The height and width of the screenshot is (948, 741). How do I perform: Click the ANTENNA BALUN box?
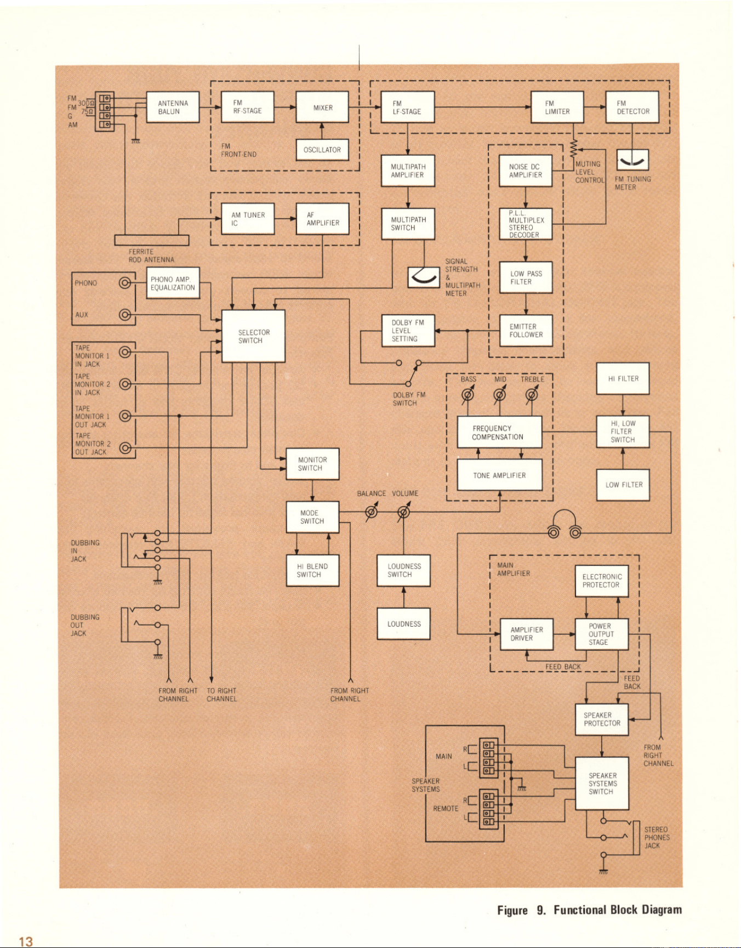click(173, 107)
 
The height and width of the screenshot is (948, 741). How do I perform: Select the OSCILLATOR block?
click(322, 150)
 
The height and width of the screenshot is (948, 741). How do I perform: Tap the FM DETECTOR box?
click(632, 107)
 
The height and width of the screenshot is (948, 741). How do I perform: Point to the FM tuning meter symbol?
click(632, 160)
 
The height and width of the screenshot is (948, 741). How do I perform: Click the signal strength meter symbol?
click(424, 277)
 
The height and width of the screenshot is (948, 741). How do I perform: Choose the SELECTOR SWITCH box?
click(253, 336)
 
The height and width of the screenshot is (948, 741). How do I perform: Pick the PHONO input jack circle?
click(125, 283)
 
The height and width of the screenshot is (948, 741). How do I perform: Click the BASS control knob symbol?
click(468, 394)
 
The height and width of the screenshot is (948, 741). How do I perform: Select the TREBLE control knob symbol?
click(532, 394)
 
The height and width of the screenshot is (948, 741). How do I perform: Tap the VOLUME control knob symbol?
click(403, 512)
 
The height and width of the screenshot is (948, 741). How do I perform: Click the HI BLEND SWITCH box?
click(312, 570)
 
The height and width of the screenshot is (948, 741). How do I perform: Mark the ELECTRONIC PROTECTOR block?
click(602, 581)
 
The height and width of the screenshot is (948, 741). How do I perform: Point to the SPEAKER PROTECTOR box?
click(602, 719)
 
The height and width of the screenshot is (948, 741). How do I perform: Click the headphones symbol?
click(565, 524)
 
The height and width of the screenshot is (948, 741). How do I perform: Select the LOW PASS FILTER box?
click(526, 277)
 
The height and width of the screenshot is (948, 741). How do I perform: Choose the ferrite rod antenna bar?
click(152, 240)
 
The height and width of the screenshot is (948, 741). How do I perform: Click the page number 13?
click(26, 941)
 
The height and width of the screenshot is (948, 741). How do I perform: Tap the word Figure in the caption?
click(512, 910)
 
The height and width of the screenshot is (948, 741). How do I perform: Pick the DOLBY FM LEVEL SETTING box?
click(408, 331)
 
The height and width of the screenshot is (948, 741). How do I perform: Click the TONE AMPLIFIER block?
click(499, 475)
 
